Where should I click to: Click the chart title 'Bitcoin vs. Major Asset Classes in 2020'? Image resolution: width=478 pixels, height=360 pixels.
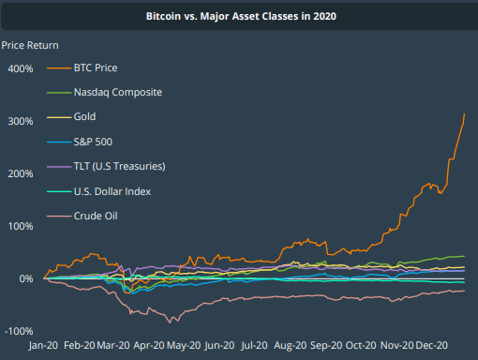(x=239, y=17)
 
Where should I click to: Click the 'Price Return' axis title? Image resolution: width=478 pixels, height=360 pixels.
(x=29, y=45)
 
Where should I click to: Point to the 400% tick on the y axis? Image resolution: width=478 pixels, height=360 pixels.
(x=21, y=69)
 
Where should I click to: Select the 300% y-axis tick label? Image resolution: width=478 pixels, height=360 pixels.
(x=21, y=122)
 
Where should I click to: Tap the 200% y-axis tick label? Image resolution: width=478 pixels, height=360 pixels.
(x=21, y=174)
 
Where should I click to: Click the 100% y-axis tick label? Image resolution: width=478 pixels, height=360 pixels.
(x=21, y=227)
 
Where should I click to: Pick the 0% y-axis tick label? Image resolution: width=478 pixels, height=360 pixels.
(x=25, y=279)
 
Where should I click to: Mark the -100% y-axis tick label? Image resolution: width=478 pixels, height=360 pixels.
(x=19, y=332)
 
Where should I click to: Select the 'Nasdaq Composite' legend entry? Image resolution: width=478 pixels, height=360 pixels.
(x=117, y=93)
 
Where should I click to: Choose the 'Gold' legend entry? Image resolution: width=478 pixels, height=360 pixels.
(x=85, y=117)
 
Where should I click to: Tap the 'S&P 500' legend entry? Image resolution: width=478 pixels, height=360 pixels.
(x=95, y=142)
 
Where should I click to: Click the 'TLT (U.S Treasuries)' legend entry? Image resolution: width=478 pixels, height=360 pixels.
(x=119, y=167)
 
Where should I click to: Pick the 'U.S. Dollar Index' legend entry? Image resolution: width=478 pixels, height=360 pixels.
(x=112, y=191)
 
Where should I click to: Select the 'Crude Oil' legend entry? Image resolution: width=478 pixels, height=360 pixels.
(x=95, y=217)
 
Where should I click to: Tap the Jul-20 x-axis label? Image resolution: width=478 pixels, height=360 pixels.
(x=255, y=345)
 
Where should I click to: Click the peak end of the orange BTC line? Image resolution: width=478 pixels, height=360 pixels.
(x=465, y=114)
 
